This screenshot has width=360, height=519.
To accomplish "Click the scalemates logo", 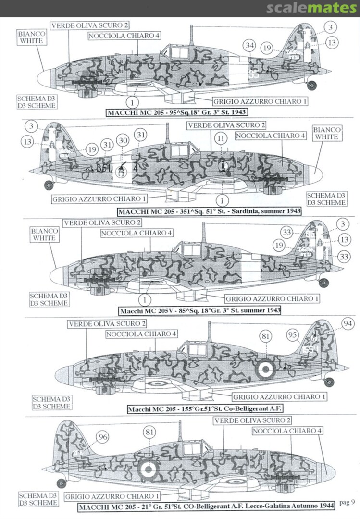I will pyautogui.click(x=312, y=8).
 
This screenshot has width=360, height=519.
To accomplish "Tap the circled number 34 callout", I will pyautogui.click(x=248, y=46).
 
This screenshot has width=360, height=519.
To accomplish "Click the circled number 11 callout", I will pyautogui.click(x=221, y=138).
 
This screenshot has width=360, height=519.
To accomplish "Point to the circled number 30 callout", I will pyautogui.click(x=123, y=140).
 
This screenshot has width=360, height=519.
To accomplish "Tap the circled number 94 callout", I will pyautogui.click(x=347, y=323).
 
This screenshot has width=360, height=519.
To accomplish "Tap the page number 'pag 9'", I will pyautogui.click(x=346, y=503).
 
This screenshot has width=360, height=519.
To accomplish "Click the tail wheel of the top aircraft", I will pyautogui.click(x=312, y=86).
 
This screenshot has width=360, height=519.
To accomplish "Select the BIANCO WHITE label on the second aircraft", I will pyautogui.click(x=327, y=134).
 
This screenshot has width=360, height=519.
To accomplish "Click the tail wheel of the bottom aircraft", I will pyautogui.click(x=61, y=483).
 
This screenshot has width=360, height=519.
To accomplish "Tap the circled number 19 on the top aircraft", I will pyautogui.click(x=268, y=48).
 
